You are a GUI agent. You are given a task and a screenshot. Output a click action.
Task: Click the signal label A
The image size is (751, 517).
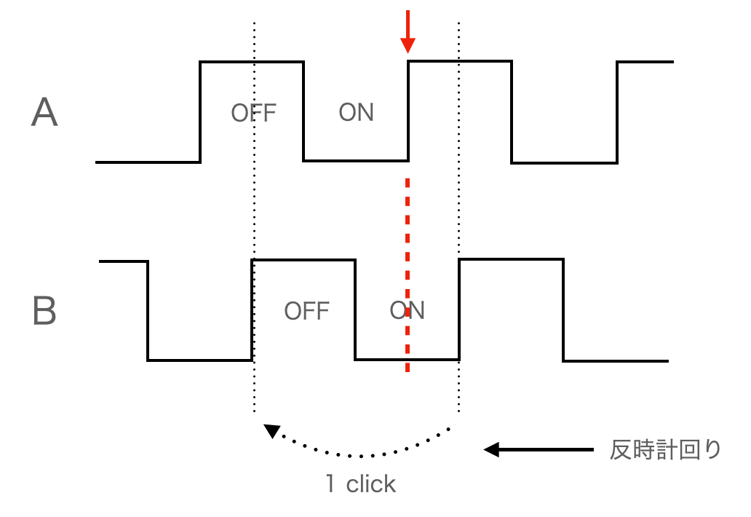pyautogui.click(x=44, y=112)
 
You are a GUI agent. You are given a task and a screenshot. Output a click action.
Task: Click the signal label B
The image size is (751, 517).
pyautogui.click(x=44, y=310)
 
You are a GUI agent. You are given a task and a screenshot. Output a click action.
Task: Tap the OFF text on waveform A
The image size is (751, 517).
pyautogui.click(x=254, y=113)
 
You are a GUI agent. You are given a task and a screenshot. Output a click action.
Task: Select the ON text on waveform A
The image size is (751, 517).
pyautogui.click(x=357, y=113)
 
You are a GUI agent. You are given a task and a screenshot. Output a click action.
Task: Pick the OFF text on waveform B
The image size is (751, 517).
pyautogui.click(x=307, y=311)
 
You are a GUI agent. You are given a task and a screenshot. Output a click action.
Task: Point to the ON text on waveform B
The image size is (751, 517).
pyautogui.click(x=407, y=310)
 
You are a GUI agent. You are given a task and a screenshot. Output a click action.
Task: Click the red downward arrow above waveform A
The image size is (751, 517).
pyautogui.click(x=408, y=31)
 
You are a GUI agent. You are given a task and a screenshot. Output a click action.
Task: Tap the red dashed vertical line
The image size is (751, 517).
pyautogui.click(x=408, y=275)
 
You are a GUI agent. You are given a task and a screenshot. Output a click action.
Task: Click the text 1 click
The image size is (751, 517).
pyautogui.click(x=361, y=484)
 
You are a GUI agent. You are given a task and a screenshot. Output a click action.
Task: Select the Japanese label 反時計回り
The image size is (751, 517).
pyautogui.click(x=665, y=450)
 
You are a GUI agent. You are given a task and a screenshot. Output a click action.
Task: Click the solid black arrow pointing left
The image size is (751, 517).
pyautogui.click(x=539, y=449)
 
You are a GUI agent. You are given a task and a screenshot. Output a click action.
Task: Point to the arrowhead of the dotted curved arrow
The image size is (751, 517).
pyautogui.click(x=272, y=431)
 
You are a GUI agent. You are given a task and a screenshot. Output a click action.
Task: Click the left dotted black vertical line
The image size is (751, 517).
pyautogui.click(x=254, y=216)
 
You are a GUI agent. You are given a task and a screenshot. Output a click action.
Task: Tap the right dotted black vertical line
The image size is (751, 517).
pyautogui.click(x=459, y=216)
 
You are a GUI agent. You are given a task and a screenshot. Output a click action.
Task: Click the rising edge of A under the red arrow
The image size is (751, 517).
pyautogui.click(x=408, y=111)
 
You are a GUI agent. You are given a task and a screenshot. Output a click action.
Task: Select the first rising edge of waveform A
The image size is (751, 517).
pyautogui.click(x=200, y=112)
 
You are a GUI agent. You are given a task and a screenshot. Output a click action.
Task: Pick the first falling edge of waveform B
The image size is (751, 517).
pyautogui.click(x=148, y=310)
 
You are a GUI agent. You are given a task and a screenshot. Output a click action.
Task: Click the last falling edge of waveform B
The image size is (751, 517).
pyautogui.click(x=563, y=310)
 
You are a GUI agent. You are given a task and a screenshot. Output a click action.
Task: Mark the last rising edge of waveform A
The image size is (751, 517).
pyautogui.click(x=617, y=112)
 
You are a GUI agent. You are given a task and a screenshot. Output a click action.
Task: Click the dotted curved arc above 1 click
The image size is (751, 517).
pyautogui.click(x=361, y=455)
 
